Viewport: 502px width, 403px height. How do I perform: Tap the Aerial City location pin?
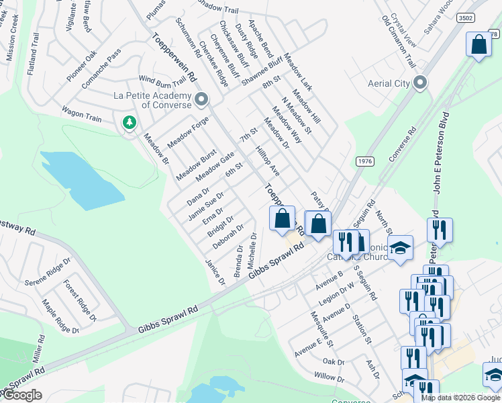coord(420,83)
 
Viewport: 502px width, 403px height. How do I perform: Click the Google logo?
coord(21,395)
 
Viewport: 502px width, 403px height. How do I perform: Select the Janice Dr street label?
coord(215,271)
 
